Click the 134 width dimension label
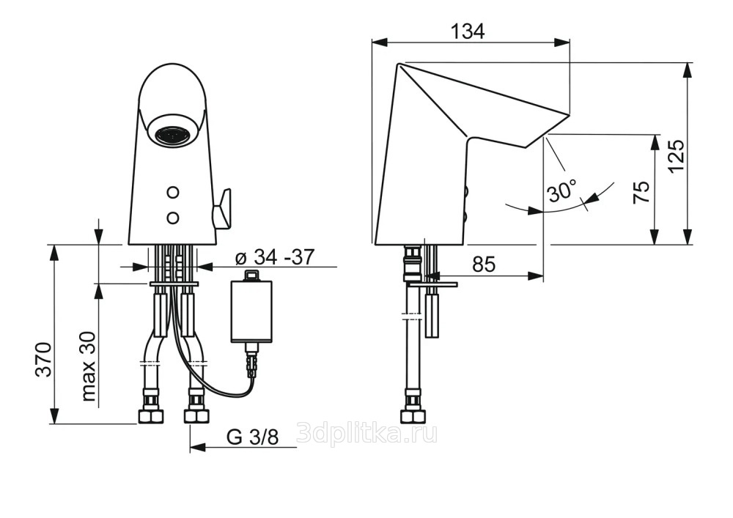[468, 32]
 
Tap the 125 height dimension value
[677, 156]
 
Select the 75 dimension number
[641, 192]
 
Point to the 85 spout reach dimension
[483, 264]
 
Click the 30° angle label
[563, 191]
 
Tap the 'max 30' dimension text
[88, 366]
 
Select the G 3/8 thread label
[252, 437]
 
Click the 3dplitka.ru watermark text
[367, 434]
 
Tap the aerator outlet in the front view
[173, 136]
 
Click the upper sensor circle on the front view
[173, 192]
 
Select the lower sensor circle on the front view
[173, 217]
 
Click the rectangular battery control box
[252, 311]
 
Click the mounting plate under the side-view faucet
[432, 284]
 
